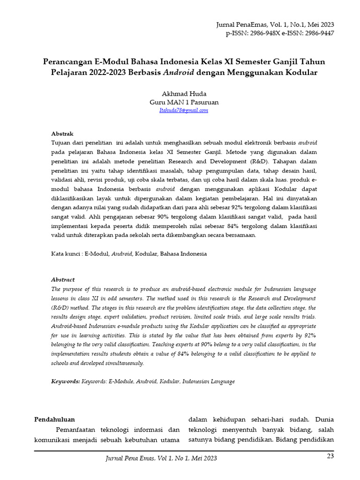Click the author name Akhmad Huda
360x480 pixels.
[x=184, y=93]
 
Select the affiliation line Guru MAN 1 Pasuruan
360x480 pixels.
[x=184, y=102]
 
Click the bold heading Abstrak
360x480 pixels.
[x=62, y=134]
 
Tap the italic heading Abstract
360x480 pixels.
[x=63, y=279]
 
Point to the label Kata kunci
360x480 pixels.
[x=66, y=254]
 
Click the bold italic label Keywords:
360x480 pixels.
[x=65, y=382]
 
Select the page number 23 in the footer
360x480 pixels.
[x=330, y=457]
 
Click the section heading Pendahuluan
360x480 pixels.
[x=55, y=419]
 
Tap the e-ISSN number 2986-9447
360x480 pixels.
[x=315, y=34]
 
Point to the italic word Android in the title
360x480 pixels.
[x=179, y=73]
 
